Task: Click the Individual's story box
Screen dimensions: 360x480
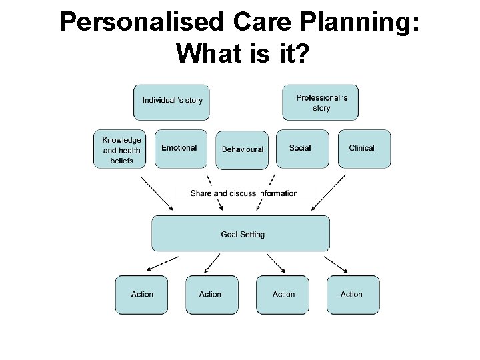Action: click(172, 101)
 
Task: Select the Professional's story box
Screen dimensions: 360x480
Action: click(322, 103)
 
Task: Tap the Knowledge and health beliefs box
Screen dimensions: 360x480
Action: click(121, 149)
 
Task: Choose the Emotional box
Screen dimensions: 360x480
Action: click(179, 148)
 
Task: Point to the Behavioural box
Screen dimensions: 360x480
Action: click(242, 149)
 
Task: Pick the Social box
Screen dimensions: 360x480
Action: click(301, 148)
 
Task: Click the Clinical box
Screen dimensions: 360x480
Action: click(362, 148)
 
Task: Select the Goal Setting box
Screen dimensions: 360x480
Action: click(241, 234)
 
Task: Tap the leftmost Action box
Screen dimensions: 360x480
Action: click(141, 294)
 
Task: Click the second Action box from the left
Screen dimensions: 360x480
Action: click(210, 294)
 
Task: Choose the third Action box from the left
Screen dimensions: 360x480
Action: click(283, 294)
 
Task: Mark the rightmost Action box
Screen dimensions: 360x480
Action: click(351, 294)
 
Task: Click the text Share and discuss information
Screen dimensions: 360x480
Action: click(243, 193)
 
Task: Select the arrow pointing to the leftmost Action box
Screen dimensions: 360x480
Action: click(157, 264)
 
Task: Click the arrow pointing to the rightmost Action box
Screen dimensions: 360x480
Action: click(336, 264)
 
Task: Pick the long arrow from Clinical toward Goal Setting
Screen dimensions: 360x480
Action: click(328, 192)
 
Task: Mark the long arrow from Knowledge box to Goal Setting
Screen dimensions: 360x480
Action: click(158, 192)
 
